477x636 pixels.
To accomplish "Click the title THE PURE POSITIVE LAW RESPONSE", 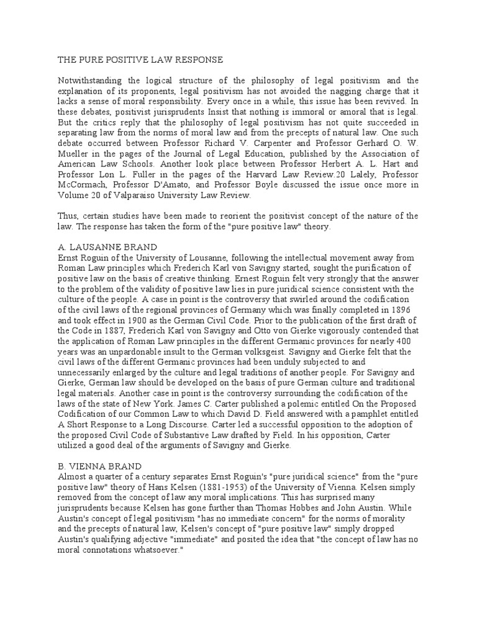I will click(x=132, y=60).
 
